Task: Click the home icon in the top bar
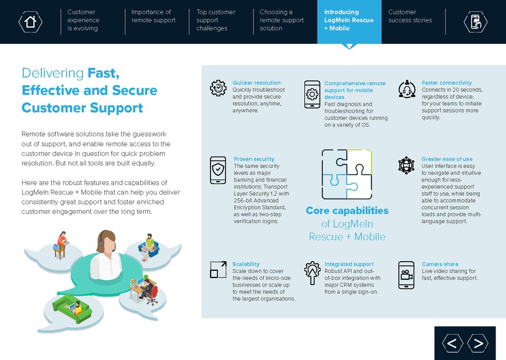click(30, 21)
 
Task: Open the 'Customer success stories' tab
click(410, 16)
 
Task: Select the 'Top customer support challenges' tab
click(215, 20)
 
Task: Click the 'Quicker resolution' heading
click(256, 83)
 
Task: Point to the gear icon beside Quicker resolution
click(218, 88)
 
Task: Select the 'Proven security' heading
click(254, 159)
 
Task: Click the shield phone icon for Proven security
click(218, 170)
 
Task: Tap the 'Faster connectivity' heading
click(447, 83)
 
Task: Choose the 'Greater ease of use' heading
click(447, 159)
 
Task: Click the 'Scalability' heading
click(246, 264)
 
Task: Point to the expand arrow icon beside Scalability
click(218, 270)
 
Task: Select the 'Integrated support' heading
click(349, 264)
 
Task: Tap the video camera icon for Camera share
click(406, 275)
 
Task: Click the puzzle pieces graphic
click(346, 174)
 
